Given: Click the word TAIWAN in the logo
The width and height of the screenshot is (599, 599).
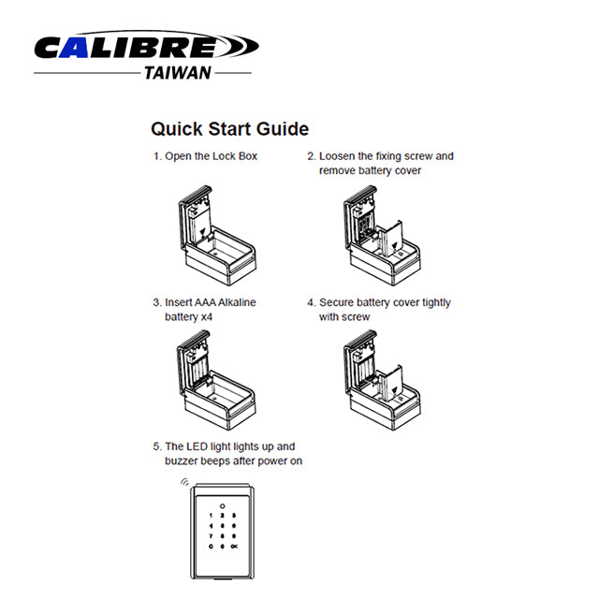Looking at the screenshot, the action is [178, 73].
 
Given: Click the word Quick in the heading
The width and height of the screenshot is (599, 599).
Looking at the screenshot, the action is [177, 129].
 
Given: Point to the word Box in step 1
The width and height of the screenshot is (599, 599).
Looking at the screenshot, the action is [248, 156].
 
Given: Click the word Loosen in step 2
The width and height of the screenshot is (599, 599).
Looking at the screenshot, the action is [337, 156].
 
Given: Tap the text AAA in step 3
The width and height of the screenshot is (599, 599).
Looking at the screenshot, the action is [205, 302].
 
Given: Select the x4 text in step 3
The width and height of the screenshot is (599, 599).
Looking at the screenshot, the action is [207, 317].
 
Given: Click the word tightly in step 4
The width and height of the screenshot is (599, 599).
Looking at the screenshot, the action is [436, 303].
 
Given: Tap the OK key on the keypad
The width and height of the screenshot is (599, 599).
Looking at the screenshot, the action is [234, 547].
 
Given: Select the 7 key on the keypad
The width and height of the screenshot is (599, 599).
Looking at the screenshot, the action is [211, 536].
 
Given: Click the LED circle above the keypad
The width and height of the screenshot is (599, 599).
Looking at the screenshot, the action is [223, 506].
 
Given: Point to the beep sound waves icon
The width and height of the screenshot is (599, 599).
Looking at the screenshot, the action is [185, 482].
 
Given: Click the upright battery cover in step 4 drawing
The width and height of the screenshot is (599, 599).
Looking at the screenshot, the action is [390, 383].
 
